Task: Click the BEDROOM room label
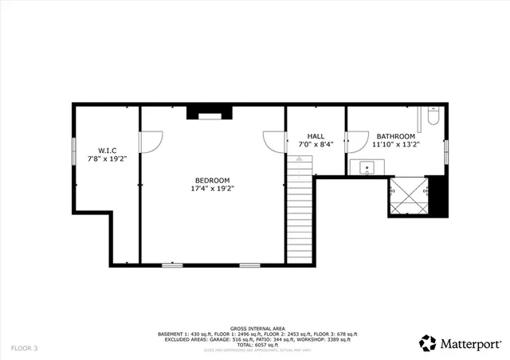click(x=212, y=180)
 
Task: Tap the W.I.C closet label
click(x=108, y=150)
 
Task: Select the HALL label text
click(x=316, y=136)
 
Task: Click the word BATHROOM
click(x=396, y=136)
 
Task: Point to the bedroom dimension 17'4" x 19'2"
click(x=212, y=189)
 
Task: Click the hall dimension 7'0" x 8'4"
click(x=316, y=145)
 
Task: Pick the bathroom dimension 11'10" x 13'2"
click(x=396, y=145)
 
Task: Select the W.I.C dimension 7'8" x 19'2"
click(x=108, y=158)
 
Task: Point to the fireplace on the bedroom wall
click(x=206, y=112)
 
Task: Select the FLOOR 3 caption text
click(x=24, y=348)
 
